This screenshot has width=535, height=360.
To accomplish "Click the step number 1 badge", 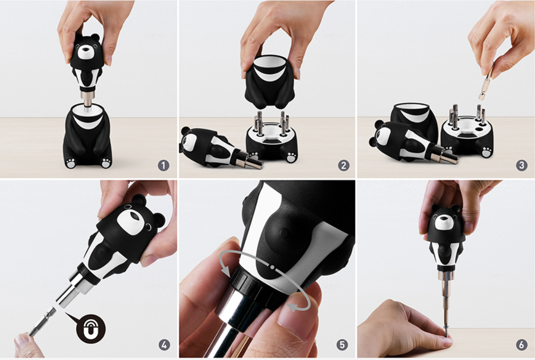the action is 163,166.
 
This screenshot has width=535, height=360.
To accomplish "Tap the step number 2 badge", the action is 344,166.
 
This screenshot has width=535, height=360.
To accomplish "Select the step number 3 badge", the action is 522,166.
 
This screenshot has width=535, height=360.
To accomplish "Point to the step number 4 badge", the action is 164,345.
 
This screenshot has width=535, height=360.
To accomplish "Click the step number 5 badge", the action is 343,345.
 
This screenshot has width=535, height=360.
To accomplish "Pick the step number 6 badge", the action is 522,345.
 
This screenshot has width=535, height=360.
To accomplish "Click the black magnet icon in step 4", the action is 91,329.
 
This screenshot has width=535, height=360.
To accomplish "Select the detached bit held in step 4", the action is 41,321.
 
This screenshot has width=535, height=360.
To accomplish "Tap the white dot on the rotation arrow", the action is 273,266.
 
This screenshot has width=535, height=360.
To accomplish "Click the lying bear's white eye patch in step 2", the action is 191,142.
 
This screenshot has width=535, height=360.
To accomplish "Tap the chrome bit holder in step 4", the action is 74,288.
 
